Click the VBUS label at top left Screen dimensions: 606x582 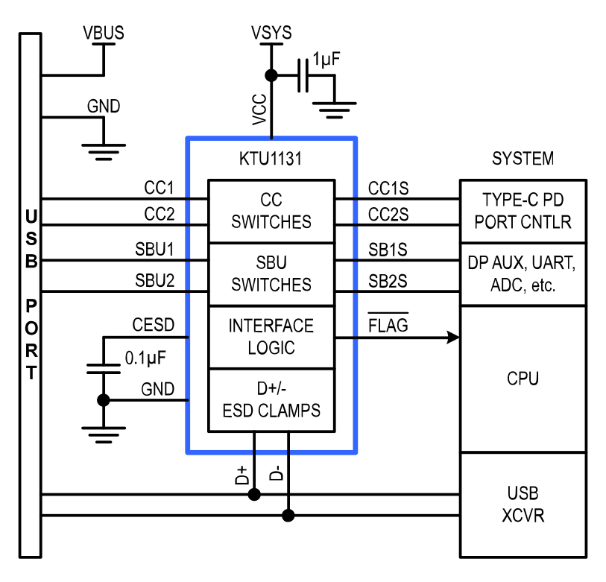(x=104, y=33)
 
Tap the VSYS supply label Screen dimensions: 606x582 (x=271, y=33)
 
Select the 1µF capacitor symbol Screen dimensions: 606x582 (x=303, y=75)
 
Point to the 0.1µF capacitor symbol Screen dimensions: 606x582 (x=104, y=369)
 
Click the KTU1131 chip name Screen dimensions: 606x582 (x=271, y=159)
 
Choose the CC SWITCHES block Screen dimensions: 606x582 (x=271, y=211)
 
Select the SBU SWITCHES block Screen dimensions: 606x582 (x=271, y=274)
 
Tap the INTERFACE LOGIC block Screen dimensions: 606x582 (x=271, y=338)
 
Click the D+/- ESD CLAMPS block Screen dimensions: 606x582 (x=271, y=400)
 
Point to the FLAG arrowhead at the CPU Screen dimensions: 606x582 (x=454, y=338)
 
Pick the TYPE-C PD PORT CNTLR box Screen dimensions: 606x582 (x=523, y=211)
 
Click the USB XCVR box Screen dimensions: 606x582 (x=523, y=504)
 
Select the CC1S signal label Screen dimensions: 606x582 (x=388, y=189)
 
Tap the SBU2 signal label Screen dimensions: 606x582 (x=154, y=280)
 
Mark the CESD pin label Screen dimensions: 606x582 (x=154, y=325)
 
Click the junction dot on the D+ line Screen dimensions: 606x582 (x=254, y=494)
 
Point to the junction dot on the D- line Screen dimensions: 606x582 (x=288, y=515)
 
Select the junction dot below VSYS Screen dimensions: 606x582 (x=271, y=75)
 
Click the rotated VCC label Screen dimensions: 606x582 (x=259, y=110)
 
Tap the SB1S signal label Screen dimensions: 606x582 (x=388, y=250)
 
